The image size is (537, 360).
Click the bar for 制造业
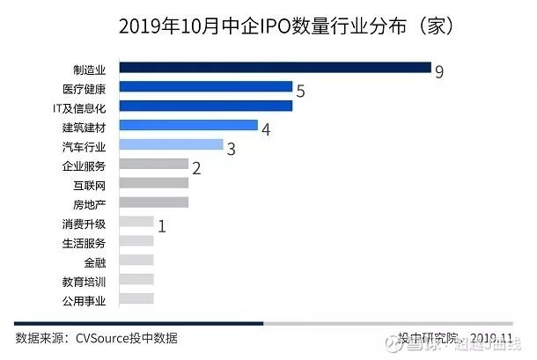point(274,68)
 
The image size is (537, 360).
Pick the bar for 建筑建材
point(188,126)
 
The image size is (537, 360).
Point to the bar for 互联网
point(153,183)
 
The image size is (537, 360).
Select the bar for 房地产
point(153,202)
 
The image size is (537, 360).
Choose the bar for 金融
point(136,261)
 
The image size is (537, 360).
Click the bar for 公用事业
point(136,298)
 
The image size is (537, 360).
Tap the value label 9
point(438,71)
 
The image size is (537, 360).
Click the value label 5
point(300,91)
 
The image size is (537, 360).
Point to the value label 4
point(266,129)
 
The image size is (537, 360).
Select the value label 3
point(232,149)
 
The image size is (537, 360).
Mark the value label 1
point(162,226)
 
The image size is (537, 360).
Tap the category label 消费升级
point(84,224)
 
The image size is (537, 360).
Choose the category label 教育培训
point(84,281)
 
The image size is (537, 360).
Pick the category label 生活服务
point(84,242)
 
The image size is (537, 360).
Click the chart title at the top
point(268,26)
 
